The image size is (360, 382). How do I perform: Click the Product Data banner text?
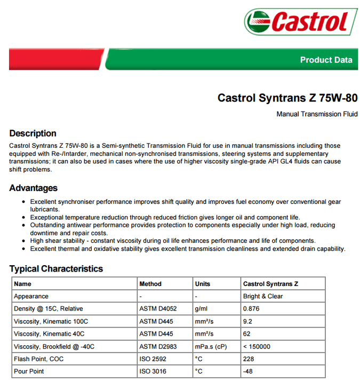326,60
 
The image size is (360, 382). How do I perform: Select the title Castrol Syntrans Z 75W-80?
287,98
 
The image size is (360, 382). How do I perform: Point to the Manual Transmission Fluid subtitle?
317,114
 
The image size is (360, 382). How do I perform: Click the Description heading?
33,133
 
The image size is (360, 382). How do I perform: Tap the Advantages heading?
34,188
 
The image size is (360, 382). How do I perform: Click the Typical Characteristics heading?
56,268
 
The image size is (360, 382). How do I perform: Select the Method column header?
150,284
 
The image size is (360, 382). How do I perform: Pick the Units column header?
203,284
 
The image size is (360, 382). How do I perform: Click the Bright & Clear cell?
263,296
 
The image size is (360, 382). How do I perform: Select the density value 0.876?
251,309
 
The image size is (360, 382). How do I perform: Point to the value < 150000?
257,346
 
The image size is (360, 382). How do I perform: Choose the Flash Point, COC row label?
39,359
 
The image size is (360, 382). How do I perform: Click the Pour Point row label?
29,371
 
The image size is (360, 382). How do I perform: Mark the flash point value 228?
248,359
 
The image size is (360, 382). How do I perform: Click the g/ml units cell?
201,309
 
